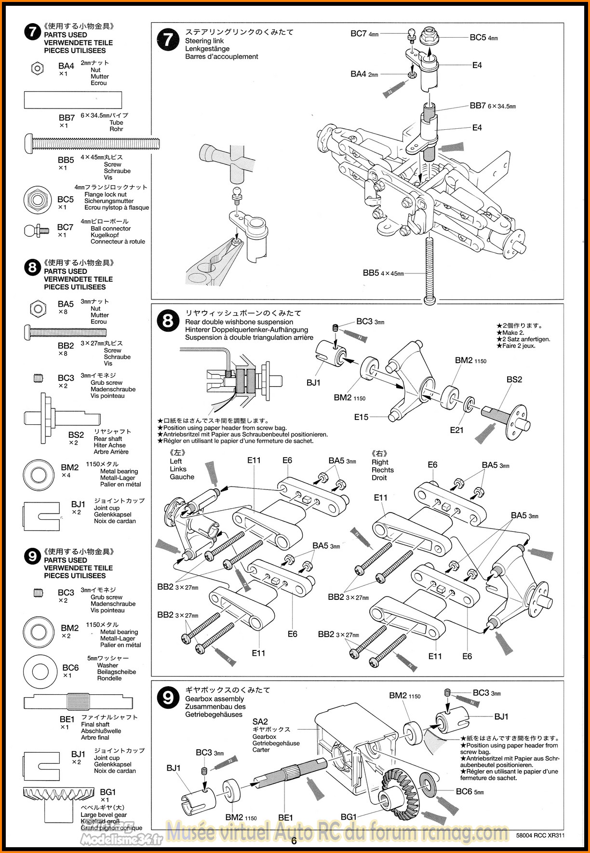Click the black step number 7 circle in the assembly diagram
[168, 40]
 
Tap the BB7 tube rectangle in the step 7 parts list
[73, 100]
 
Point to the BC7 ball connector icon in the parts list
[36, 230]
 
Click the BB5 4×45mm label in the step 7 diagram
[383, 273]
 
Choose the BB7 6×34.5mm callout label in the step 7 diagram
[492, 106]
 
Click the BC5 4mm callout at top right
[483, 37]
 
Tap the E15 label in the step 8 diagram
[361, 417]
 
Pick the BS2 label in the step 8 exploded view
[514, 379]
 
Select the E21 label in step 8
[456, 430]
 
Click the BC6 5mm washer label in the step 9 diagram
[469, 791]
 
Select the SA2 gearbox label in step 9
[260, 721]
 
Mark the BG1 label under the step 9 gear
[349, 816]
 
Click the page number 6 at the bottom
[294, 841]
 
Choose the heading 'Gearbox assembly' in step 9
[215, 699]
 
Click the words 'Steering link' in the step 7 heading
[204, 41]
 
